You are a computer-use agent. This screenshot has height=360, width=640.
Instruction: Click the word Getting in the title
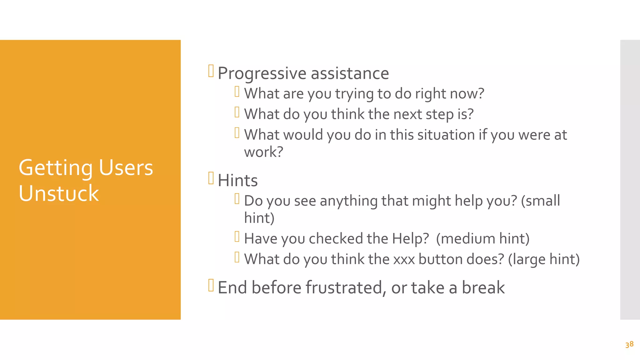[55, 168]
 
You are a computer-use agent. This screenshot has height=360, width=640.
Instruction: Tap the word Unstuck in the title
[59, 193]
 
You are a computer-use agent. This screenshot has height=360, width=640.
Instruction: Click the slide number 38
[629, 344]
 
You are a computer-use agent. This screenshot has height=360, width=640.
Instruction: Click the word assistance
[350, 73]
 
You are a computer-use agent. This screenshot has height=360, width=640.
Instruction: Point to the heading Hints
[237, 180]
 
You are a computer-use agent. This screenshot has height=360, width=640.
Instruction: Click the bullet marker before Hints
[211, 178]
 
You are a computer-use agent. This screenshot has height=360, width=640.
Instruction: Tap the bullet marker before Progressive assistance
[211, 71]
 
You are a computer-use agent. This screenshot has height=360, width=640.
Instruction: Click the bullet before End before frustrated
[211, 285]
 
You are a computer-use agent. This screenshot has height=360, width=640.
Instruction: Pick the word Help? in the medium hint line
[410, 238]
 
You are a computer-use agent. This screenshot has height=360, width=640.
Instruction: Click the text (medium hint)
[482, 238]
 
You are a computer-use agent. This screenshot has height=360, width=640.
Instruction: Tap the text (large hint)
[544, 259]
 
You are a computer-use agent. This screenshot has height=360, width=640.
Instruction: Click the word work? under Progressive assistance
[263, 152]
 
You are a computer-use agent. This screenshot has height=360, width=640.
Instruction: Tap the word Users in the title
[126, 168]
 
